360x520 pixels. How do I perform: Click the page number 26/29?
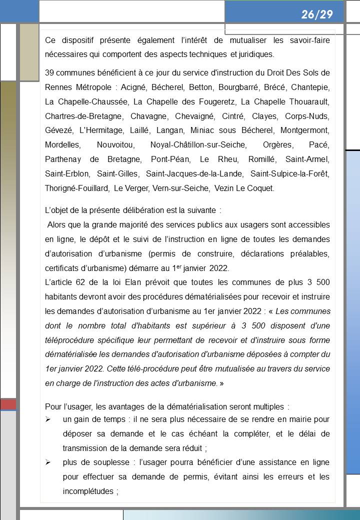317,14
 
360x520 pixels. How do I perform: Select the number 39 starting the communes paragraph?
49,73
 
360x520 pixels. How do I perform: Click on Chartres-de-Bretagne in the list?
83,116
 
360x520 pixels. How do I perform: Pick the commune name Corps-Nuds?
307,116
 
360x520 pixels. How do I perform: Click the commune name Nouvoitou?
115,145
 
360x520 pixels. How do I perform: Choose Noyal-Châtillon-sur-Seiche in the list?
198,145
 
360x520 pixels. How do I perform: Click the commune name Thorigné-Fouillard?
77,188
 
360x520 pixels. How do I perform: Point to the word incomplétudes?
88,491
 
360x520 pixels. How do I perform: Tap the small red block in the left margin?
8,404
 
